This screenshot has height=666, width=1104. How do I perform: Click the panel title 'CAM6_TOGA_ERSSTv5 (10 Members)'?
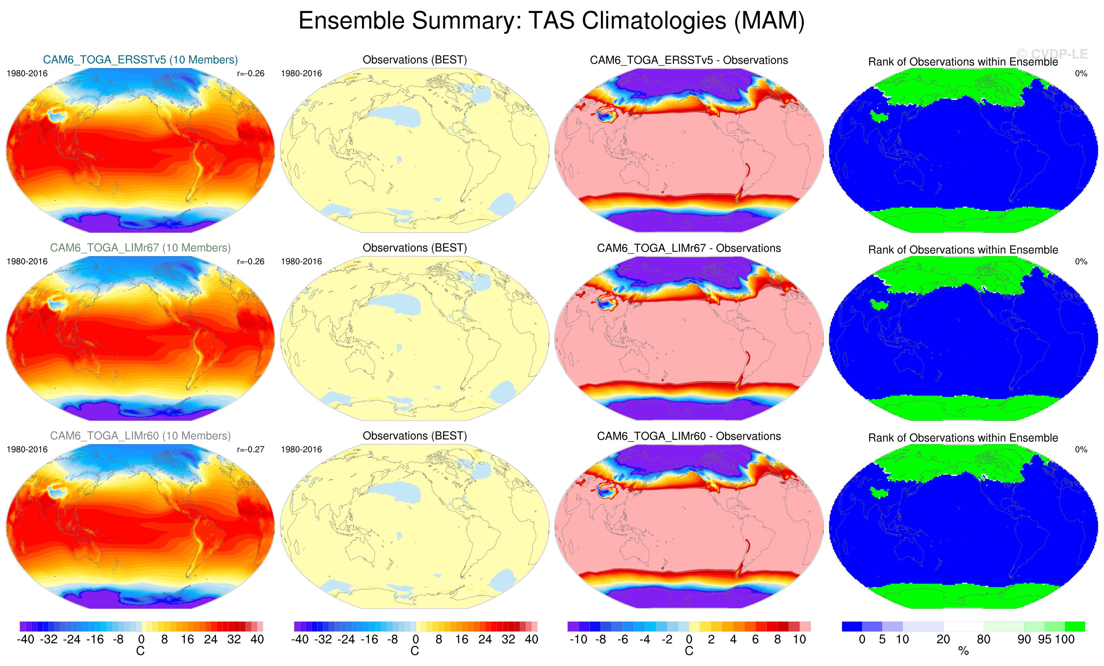[140, 60]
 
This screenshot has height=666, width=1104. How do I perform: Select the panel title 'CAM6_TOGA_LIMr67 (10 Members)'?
[140, 248]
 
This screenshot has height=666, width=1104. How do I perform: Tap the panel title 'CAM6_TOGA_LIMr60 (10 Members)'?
[140, 436]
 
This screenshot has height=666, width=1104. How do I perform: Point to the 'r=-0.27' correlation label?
[250, 449]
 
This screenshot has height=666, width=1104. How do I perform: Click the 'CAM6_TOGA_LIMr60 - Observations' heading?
[689, 436]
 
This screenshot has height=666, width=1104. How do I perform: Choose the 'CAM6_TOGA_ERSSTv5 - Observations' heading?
[689, 60]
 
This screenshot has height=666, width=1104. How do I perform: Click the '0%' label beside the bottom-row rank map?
[1081, 449]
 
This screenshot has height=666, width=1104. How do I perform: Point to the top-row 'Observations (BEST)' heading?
[415, 60]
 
